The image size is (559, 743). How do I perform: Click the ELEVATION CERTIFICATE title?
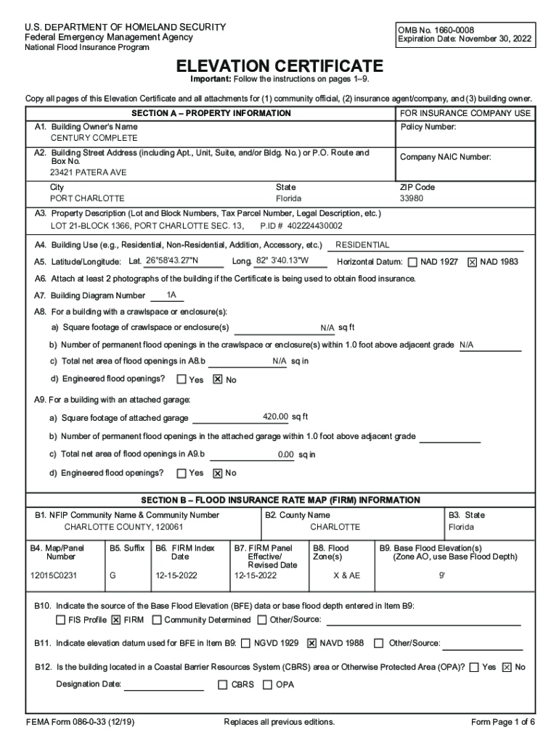point(279,65)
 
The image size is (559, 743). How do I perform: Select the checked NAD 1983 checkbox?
point(473,262)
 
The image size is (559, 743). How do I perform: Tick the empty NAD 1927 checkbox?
point(413,262)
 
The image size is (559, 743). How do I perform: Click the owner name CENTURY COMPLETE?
point(94,138)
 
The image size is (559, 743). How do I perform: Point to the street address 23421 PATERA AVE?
point(88,173)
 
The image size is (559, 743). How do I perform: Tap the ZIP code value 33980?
point(412,198)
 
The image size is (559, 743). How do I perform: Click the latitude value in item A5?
point(173,260)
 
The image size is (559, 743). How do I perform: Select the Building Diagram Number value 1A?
point(171,295)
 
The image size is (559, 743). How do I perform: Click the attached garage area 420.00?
point(276,416)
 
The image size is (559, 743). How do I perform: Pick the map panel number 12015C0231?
point(54,575)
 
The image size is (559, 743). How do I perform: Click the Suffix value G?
point(113,575)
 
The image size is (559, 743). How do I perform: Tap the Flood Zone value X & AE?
point(346,575)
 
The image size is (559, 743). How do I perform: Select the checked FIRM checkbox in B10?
point(116,620)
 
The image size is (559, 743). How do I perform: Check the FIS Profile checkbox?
point(61,620)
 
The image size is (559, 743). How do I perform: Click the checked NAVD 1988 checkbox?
point(312,643)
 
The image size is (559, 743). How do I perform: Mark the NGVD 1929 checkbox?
point(246,643)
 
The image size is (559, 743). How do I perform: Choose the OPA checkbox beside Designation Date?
point(268,684)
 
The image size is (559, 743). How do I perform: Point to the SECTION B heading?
point(280,500)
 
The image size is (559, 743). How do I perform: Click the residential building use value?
point(362,245)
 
